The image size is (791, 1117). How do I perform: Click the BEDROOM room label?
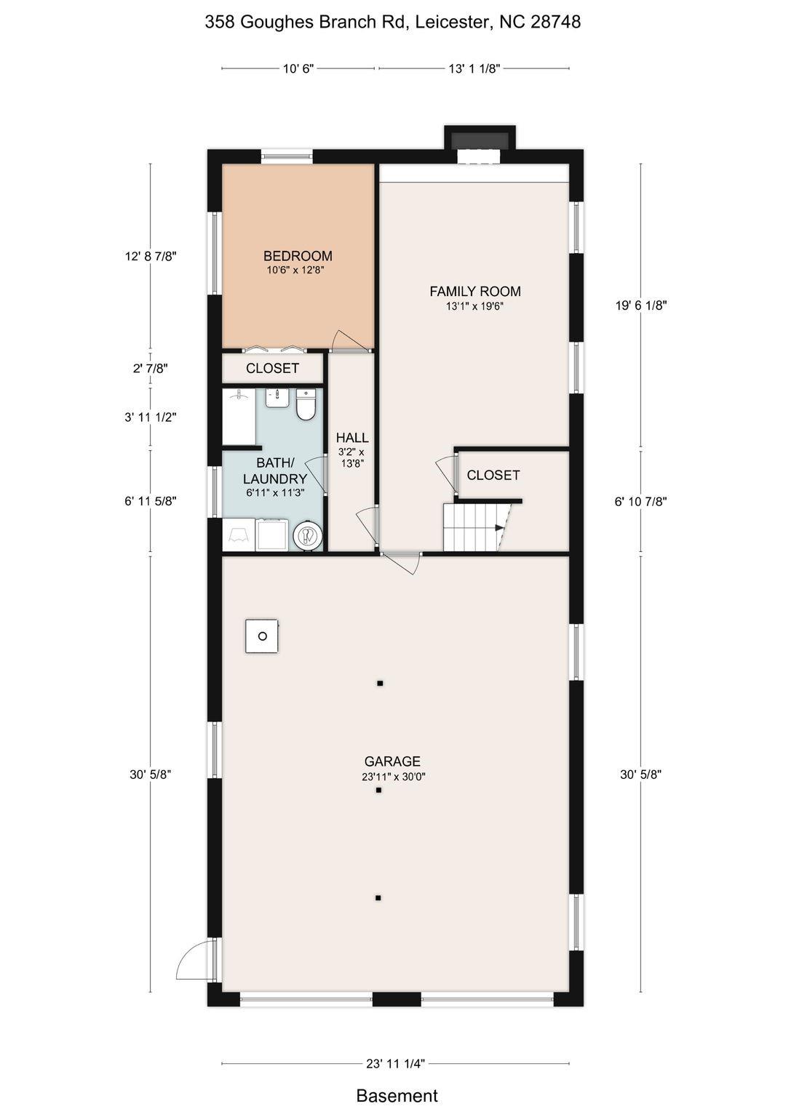(298, 256)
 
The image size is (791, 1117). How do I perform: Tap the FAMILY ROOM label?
(475, 291)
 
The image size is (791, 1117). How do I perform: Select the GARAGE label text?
(392, 761)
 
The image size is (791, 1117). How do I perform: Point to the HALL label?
(352, 438)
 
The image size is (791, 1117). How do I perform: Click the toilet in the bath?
(306, 404)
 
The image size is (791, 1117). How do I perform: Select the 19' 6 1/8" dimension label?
(641, 305)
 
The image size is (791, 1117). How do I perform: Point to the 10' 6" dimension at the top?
(298, 69)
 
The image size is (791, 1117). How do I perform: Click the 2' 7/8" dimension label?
(150, 369)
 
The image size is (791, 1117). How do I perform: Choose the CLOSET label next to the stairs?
(493, 475)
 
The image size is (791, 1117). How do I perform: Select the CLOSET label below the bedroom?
(272, 369)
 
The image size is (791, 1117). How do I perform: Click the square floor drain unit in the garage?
(262, 636)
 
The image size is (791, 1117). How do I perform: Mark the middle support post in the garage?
(379, 790)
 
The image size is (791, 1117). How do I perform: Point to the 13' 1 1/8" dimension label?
(474, 69)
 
